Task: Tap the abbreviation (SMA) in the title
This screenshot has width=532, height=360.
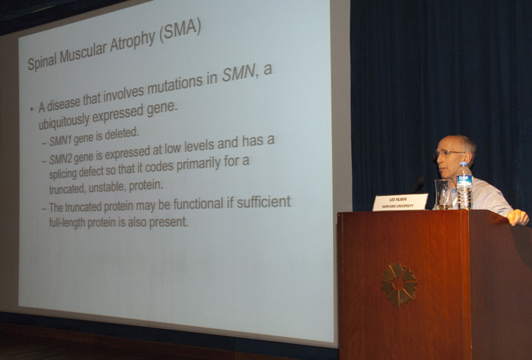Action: pos(181,30)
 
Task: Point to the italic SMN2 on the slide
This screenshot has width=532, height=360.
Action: pos(61,159)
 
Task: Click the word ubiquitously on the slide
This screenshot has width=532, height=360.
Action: pos(64,122)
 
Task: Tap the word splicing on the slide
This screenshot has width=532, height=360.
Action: pos(63,174)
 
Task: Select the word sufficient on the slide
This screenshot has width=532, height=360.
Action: pos(264,202)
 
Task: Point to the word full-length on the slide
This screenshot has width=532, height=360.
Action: pos(67,223)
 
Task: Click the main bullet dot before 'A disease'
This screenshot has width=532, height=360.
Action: pos(32,109)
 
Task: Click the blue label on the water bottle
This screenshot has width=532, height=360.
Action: pos(464,180)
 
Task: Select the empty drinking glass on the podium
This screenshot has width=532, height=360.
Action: pos(443,194)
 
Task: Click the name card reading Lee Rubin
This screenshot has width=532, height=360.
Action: pos(400,202)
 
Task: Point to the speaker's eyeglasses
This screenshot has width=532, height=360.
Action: pos(449,154)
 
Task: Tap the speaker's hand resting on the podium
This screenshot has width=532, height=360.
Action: pos(518,217)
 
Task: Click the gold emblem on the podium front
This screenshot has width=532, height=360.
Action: pos(399,284)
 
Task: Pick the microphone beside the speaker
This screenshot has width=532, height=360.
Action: pos(417,185)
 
